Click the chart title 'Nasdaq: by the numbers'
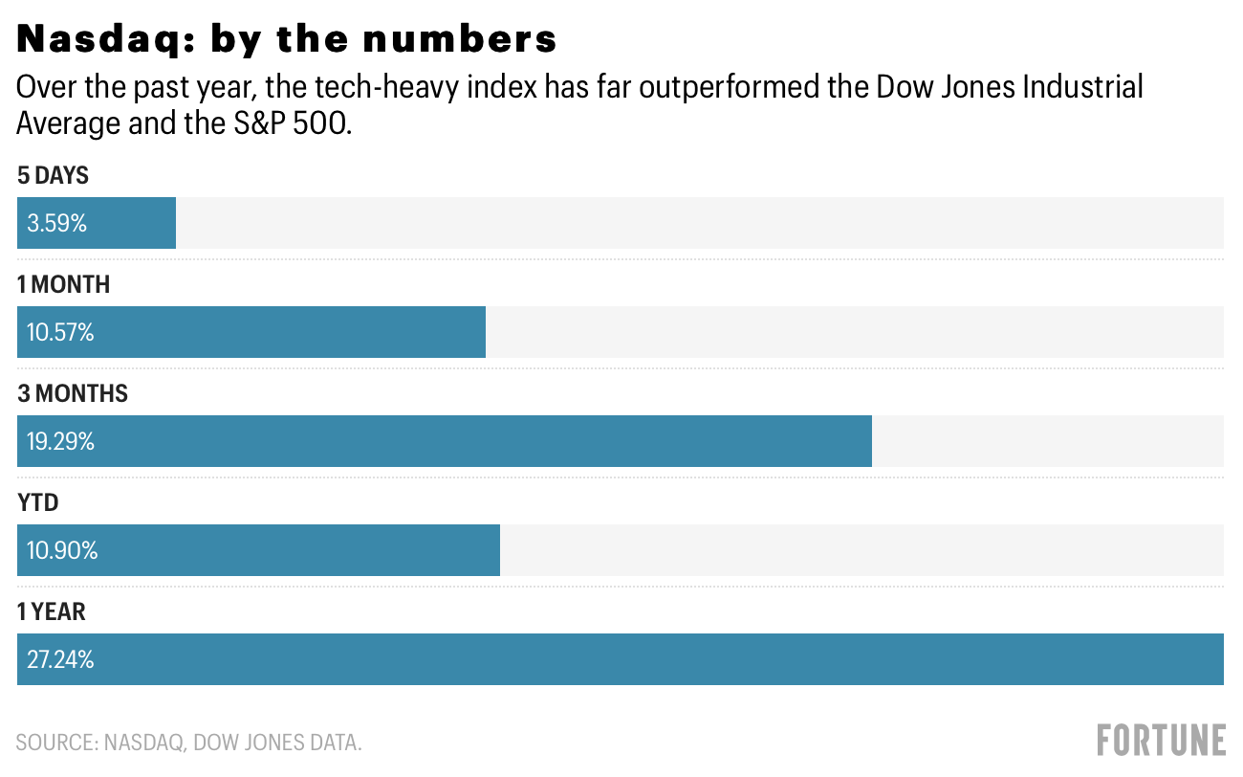coord(287,39)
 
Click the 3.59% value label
coord(57,224)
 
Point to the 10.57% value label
coord(60,333)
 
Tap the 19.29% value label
coord(60,442)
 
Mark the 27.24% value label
coord(60,660)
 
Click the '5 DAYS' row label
coord(53,176)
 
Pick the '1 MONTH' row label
coord(63,285)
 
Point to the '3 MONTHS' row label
coord(73,394)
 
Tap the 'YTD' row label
coord(37,503)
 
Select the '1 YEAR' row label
coord(52,612)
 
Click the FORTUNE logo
coord(1161,741)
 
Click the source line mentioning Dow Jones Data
coord(189,742)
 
